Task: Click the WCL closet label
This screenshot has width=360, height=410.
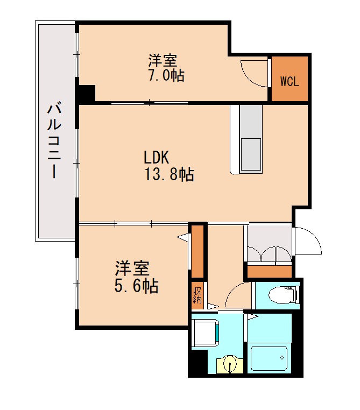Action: pos(290,81)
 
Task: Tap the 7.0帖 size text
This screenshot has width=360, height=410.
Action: pos(166,75)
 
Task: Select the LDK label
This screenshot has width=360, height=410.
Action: pos(157,158)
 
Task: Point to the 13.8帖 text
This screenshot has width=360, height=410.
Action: pos(169,174)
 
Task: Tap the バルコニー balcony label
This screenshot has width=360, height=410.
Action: pos(54,141)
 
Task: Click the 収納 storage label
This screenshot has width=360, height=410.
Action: pos(197,295)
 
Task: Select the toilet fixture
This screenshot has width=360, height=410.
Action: pos(284,295)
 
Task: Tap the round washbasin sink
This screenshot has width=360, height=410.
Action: pos(230,364)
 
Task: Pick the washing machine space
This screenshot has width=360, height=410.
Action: pos(205,333)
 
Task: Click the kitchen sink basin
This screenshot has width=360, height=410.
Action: pos(251,154)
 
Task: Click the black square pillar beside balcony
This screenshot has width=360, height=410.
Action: pos(87,93)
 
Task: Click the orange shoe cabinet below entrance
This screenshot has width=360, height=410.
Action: pos(270,272)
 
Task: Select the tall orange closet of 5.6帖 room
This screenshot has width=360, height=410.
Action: pos(197,251)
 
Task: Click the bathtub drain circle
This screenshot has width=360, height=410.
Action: pos(282,357)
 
